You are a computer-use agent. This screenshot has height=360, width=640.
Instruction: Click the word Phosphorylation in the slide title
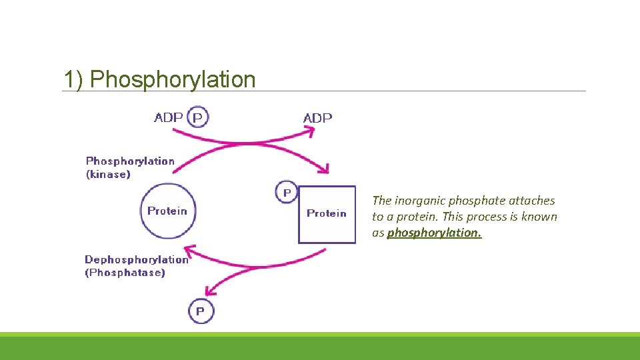[173, 79]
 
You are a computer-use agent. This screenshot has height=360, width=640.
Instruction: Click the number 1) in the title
[73, 79]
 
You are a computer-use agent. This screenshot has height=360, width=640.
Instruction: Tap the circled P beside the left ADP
[198, 117]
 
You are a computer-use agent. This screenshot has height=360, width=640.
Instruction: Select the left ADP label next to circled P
[169, 117]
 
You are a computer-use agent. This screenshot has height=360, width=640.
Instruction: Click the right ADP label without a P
[317, 118]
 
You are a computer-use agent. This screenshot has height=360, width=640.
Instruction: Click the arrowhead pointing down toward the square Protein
[324, 169]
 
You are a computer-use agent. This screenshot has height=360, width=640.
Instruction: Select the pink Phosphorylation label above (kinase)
[130, 161]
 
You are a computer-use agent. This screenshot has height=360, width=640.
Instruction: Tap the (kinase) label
[108, 174]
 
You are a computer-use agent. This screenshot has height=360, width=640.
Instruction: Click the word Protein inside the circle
[167, 211]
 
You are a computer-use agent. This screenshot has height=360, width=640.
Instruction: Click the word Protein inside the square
[326, 213]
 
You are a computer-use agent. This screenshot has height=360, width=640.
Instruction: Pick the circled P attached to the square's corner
[287, 192]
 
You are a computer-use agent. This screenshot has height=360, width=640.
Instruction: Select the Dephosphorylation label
[136, 259]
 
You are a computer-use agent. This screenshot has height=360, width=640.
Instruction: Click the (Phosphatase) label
[125, 273]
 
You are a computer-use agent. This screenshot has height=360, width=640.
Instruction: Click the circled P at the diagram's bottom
[201, 311]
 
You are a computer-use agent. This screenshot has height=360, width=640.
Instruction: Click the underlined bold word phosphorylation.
[434, 233]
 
